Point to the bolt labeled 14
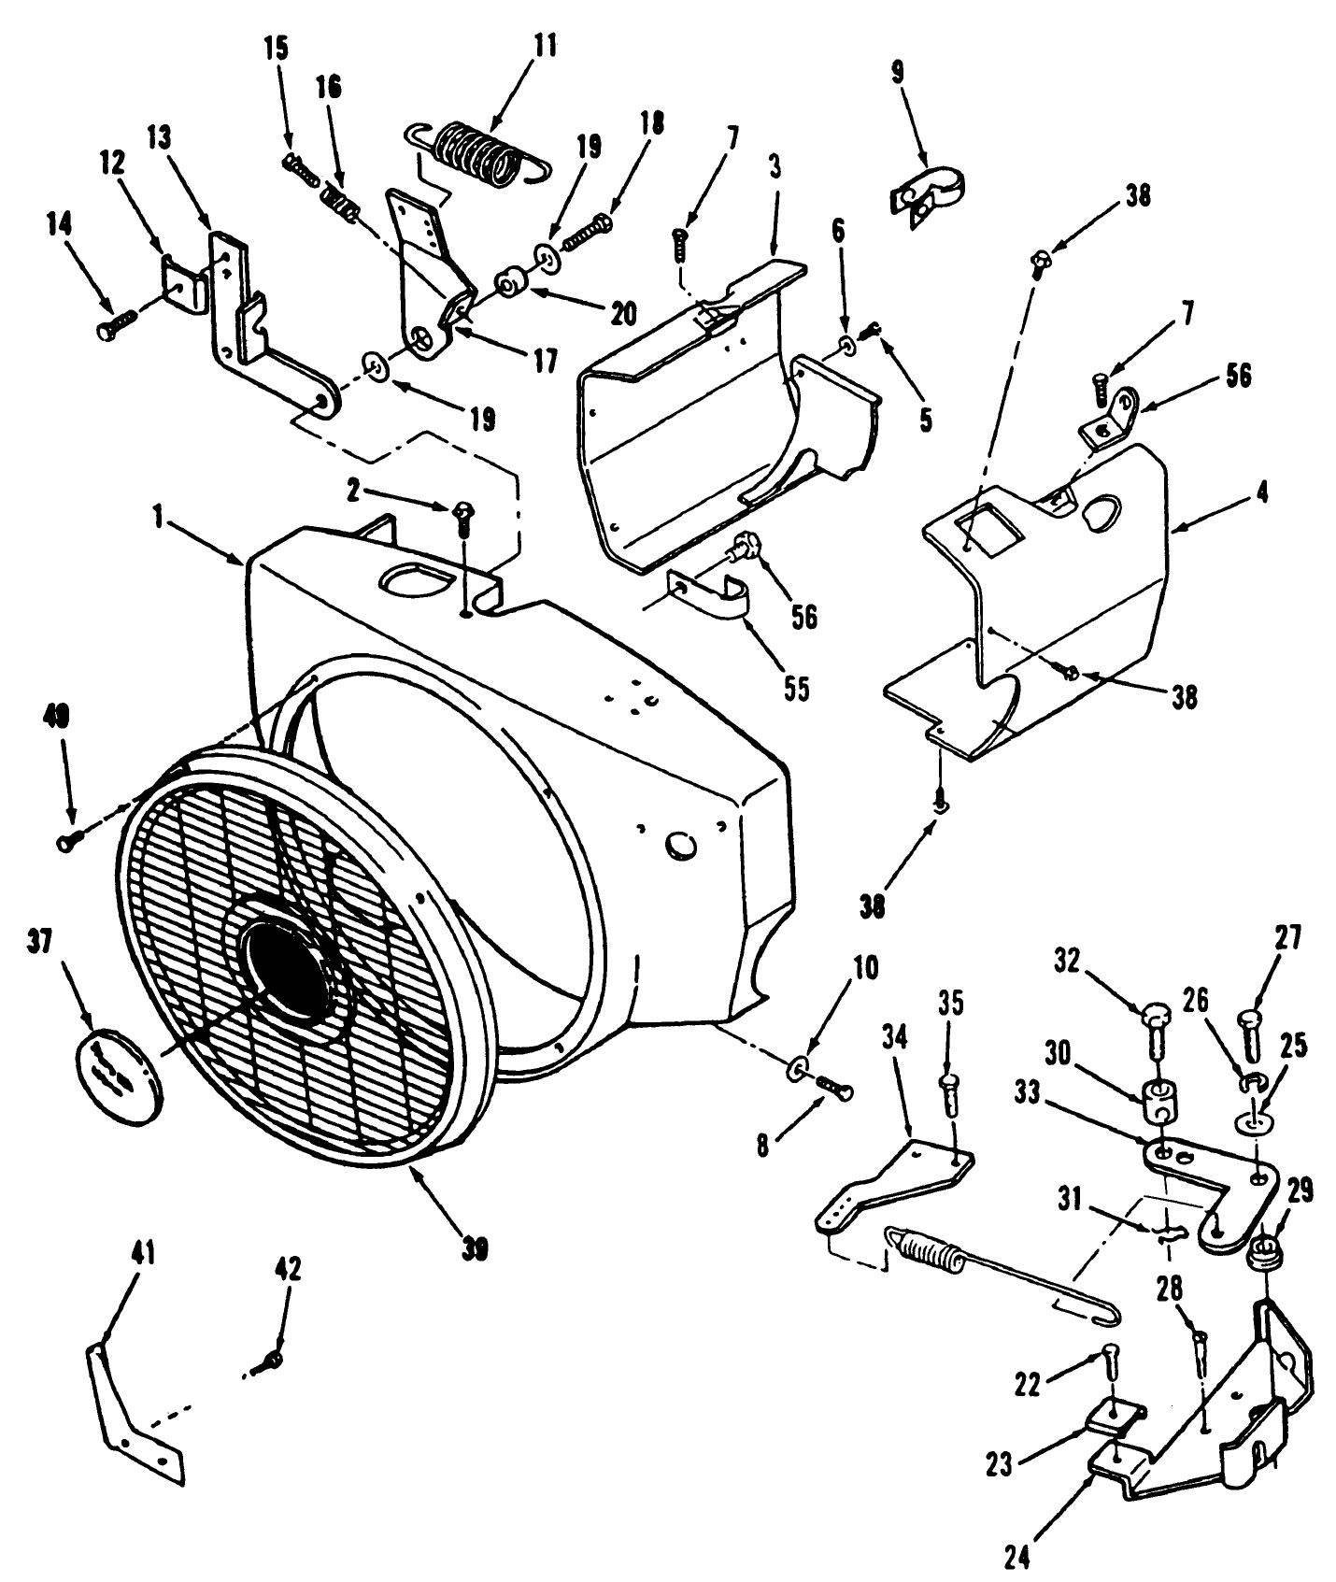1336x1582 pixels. [x=111, y=326]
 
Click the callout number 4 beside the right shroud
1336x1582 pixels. [x=1261, y=492]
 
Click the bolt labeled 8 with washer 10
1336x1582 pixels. [x=834, y=1085]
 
